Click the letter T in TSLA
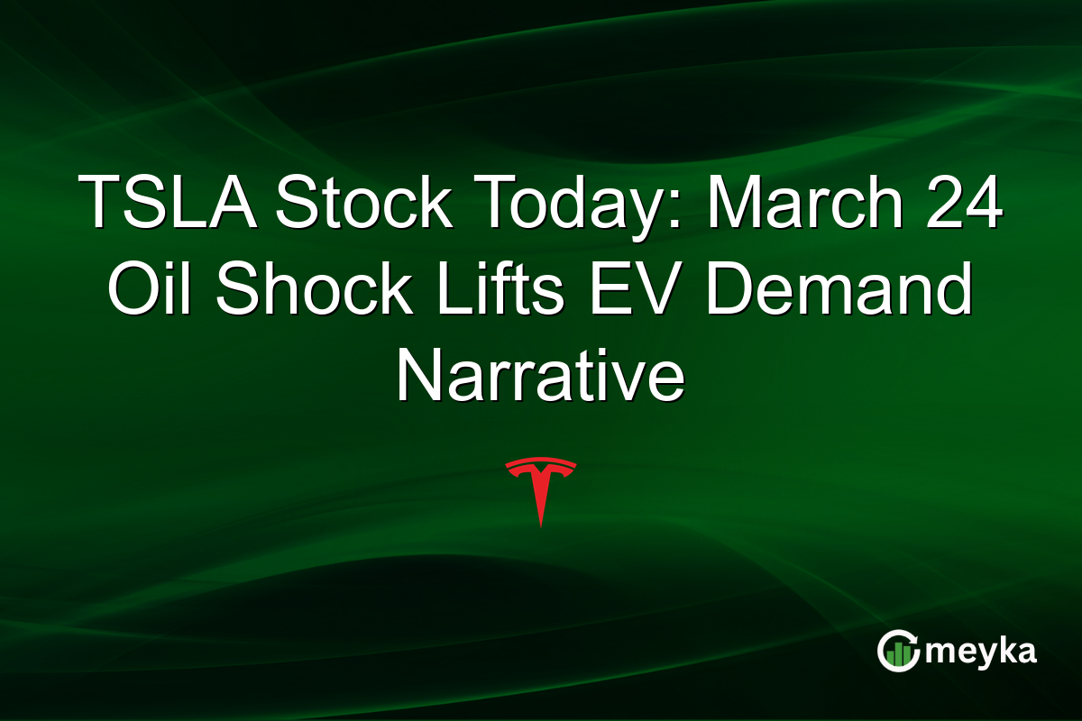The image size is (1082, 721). coord(98,203)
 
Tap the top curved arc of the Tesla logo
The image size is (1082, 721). coord(540,463)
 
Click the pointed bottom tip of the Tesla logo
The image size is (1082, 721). coord(540,524)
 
